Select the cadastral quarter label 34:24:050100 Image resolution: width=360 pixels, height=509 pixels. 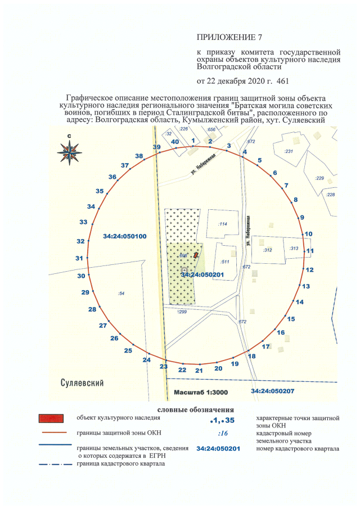tap(125, 237)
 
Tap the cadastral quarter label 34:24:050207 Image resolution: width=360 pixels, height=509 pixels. tap(272, 390)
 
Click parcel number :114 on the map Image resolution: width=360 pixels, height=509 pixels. tap(222, 224)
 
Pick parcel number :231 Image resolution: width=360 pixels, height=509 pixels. tap(289, 152)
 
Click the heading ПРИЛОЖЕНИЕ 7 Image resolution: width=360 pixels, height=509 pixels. tap(221, 38)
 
